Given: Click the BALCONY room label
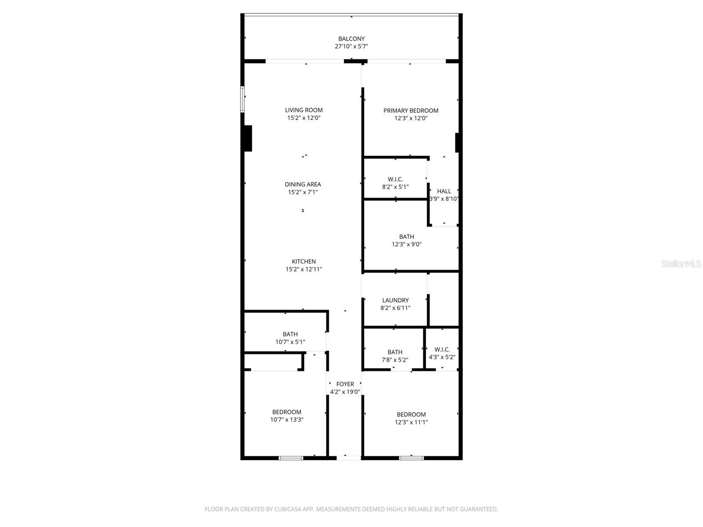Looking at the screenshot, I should click(351, 39).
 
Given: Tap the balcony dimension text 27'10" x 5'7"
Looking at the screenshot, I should click(351, 47).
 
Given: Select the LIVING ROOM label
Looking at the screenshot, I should click(304, 110).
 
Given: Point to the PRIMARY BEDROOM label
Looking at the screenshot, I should click(411, 111).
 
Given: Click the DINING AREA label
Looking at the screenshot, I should click(303, 184).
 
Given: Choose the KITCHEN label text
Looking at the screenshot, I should click(304, 261).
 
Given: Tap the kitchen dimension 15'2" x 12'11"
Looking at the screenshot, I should click(304, 269).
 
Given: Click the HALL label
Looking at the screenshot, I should click(444, 191).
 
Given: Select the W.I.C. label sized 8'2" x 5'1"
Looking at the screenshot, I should click(395, 179).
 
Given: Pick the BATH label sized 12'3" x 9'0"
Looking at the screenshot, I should click(406, 237).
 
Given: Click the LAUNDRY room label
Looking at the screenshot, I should click(395, 300).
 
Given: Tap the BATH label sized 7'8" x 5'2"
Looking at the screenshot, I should click(395, 352).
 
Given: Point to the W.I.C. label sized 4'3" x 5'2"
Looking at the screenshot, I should click(442, 350).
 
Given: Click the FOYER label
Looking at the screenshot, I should click(345, 384).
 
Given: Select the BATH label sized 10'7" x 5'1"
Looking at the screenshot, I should click(290, 334).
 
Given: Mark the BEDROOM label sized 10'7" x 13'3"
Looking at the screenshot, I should click(286, 412).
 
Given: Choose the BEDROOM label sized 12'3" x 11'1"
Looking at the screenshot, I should click(411, 415).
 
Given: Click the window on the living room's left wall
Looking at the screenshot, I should click(242, 99).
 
